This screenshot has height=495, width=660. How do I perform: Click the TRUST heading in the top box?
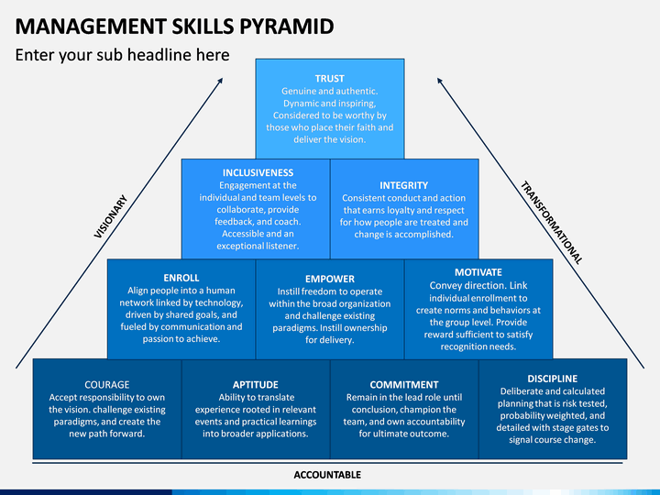coord(330,79)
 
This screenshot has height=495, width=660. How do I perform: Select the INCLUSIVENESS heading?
coord(258,172)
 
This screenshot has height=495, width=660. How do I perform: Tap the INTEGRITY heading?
coord(403,185)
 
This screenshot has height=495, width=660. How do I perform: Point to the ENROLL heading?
coord(181,277)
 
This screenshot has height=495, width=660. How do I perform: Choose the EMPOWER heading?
coord(329,279)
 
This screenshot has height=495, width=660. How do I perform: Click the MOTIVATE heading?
coord(478,272)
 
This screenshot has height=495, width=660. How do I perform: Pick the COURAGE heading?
coord(106,385)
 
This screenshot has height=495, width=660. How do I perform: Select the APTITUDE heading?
coord(255,385)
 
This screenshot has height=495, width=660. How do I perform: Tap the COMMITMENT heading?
coord(403,385)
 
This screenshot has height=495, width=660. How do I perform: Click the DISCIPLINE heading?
coord(552,379)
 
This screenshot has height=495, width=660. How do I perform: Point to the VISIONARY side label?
coord(111,216)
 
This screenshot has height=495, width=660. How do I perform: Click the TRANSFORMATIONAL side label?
coord(551,223)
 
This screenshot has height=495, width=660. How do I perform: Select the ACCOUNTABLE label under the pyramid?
coord(327,475)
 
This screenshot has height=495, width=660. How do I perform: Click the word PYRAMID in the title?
coord(287,25)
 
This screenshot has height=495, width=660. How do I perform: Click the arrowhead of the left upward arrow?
coord(221,81)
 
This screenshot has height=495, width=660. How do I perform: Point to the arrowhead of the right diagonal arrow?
coord(440,82)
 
